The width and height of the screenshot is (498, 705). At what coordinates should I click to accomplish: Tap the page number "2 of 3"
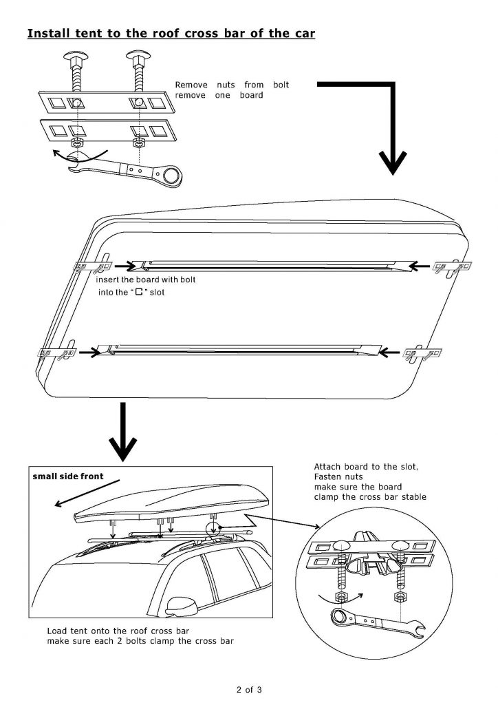pos(248,688)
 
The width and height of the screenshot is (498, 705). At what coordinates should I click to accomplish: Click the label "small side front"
pos(68,476)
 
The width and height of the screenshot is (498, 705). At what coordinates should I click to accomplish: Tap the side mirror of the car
pos(178,606)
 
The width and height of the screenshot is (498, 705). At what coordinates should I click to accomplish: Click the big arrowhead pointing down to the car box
pos(122,448)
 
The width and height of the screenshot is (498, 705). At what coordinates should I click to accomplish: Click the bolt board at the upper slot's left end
pos(90,266)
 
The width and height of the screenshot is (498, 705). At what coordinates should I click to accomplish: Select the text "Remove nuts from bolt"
pos(232,85)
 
